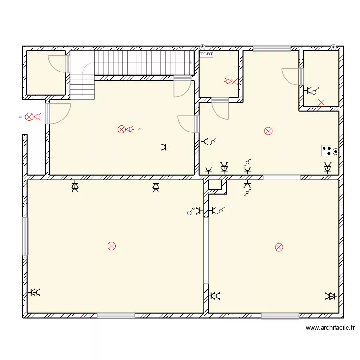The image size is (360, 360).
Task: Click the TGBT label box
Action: pos(206,54)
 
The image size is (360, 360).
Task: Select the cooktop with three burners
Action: pos(330,151)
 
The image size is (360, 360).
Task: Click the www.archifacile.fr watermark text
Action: pos(330,328)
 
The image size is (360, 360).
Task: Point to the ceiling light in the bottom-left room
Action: pos(112,246)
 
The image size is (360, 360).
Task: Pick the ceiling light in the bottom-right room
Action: pos(279,247)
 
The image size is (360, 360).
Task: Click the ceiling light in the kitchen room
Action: pos(268,131)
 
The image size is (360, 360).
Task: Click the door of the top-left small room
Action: pos(59,64)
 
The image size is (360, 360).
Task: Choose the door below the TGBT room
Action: pos(221,109)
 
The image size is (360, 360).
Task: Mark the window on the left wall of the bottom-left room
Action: pos(25,236)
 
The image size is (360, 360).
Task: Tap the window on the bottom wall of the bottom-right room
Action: pos(280,315)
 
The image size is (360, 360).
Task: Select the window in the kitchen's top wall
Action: pos(272,48)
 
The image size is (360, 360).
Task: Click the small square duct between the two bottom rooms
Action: pos(215,184)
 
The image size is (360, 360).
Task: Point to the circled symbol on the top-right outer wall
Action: pos(334,47)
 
